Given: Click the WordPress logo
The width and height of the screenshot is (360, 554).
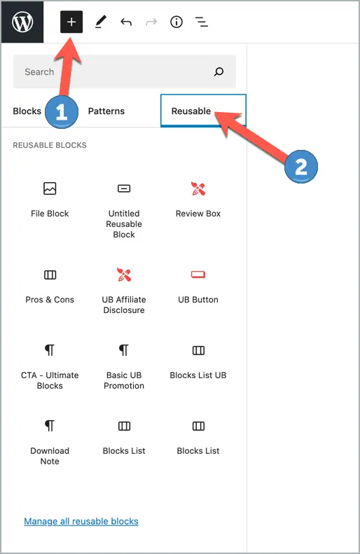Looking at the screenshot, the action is (22, 22).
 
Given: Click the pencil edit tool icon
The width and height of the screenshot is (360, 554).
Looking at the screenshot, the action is (101, 22).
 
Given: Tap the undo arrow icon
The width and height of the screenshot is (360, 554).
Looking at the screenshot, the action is (126, 22).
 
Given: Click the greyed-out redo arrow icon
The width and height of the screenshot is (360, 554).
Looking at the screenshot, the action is (151, 22).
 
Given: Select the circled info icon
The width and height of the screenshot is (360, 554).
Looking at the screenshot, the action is (176, 22).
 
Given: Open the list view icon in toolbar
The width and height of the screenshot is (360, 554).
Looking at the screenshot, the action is (202, 22).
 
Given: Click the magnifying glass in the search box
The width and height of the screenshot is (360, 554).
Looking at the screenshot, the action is (219, 71).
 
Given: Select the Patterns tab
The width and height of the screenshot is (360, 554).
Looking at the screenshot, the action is (106, 111).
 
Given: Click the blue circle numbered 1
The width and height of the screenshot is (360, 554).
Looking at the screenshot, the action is (62, 112).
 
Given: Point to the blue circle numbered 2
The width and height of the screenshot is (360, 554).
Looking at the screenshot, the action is (301, 167).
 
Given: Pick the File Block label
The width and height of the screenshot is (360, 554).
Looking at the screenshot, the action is (50, 214).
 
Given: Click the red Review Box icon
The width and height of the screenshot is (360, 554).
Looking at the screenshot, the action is (198, 188).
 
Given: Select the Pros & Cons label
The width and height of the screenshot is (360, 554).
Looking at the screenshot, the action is (50, 300).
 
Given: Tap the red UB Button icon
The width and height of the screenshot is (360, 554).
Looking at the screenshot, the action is (198, 275).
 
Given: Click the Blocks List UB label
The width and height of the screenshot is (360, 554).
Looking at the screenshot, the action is (198, 375).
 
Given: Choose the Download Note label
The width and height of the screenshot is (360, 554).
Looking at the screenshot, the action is (50, 456).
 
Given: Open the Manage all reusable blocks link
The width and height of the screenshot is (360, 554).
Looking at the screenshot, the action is (81, 521).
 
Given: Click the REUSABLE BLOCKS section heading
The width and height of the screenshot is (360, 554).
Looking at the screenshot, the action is (50, 145).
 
